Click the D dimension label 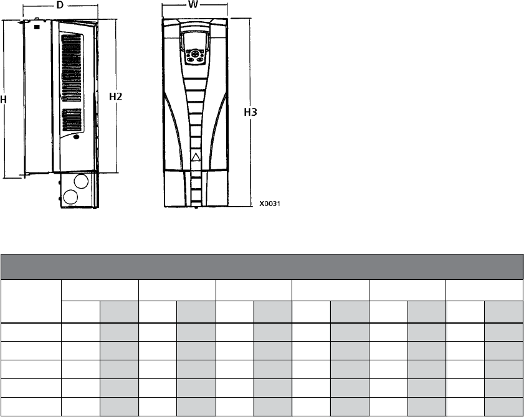(x=60, y=5)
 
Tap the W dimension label (x=193, y=4)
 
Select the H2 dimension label (x=116, y=96)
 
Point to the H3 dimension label (x=250, y=112)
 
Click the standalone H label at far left (x=3, y=100)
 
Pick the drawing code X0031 (x=270, y=204)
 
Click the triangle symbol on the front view (x=196, y=157)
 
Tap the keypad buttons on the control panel (x=195, y=56)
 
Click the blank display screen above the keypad (x=195, y=40)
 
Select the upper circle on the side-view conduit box (x=81, y=181)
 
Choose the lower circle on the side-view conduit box (x=70, y=197)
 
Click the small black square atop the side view (x=37, y=27)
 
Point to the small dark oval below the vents (x=76, y=136)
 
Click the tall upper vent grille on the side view (x=72, y=67)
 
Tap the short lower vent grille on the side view (x=72, y=119)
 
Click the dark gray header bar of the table (x=262, y=267)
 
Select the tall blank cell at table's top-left (x=31, y=301)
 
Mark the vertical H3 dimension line (x=250, y=112)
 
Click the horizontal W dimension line (x=195, y=5)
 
